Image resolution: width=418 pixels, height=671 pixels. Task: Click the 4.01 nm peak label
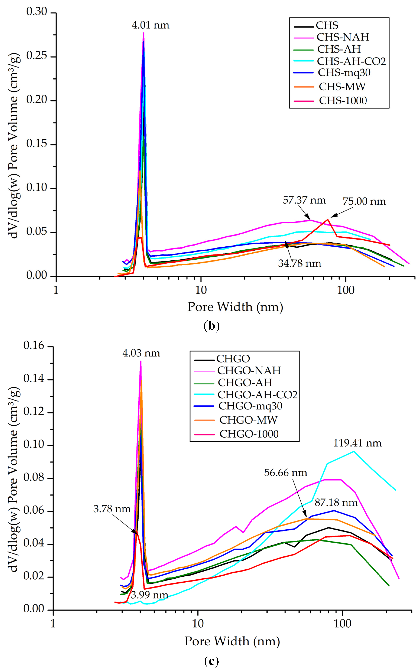click(150, 25)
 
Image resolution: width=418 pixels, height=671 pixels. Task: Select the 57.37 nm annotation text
click(304, 200)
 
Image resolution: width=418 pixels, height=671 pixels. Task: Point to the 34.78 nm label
click(300, 263)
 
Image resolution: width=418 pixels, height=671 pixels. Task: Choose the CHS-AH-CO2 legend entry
click(351, 61)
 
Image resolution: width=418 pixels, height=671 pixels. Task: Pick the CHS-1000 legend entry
click(343, 101)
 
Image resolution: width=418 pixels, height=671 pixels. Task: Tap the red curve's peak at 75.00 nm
click(328, 220)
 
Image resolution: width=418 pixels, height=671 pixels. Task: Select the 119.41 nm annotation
click(357, 443)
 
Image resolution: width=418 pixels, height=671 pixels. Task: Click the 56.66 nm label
click(286, 473)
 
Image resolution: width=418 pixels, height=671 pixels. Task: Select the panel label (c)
click(212, 661)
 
